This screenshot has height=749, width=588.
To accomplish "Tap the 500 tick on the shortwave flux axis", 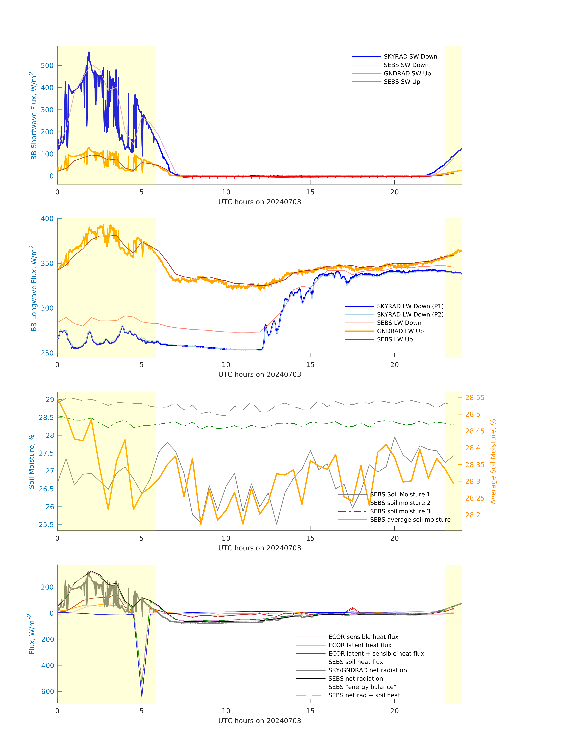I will (47, 65).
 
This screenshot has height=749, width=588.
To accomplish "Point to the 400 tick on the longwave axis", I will (47, 218).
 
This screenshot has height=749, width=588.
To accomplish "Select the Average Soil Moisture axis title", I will (493, 461).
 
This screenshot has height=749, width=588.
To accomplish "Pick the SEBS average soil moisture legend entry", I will (410, 519).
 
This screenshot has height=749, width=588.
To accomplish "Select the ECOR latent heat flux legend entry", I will (360, 645).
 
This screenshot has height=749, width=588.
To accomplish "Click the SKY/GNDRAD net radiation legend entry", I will (367, 670).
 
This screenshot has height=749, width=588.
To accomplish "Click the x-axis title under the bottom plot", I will (260, 721).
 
